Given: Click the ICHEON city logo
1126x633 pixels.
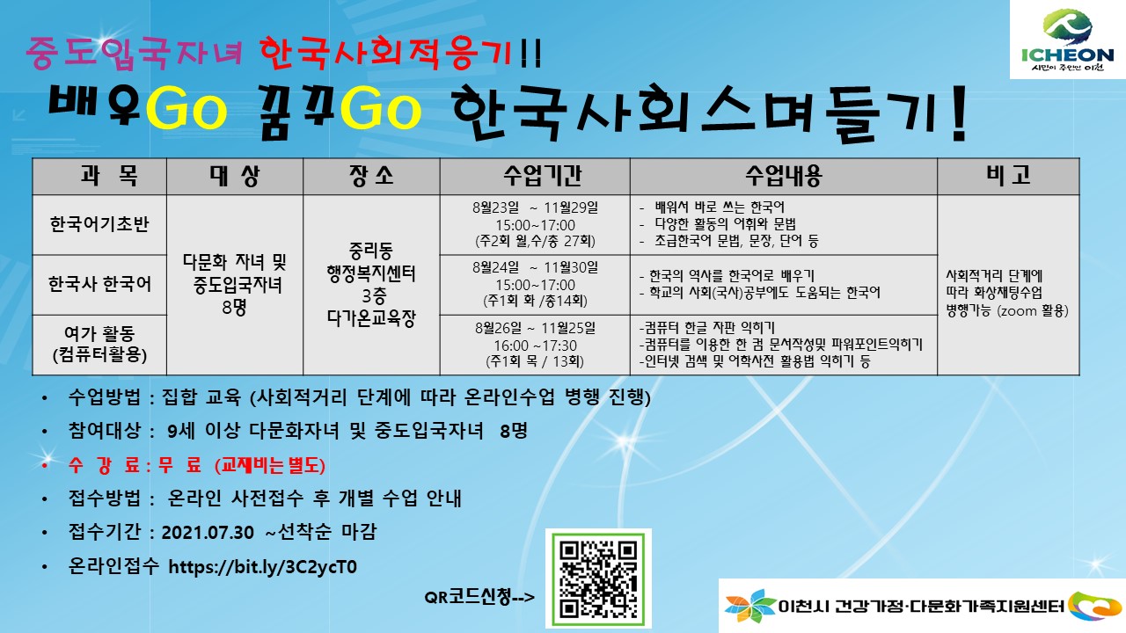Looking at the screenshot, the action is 1068,40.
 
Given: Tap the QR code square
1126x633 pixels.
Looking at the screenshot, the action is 598,578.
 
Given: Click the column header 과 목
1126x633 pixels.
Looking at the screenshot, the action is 109,176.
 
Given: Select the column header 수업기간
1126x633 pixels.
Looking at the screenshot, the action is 543,176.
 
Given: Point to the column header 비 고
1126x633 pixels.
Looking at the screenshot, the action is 1008,175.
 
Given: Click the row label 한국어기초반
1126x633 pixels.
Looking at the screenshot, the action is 99,224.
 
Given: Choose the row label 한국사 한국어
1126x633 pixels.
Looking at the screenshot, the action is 99,284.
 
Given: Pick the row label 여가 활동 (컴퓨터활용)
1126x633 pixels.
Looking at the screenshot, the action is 99,344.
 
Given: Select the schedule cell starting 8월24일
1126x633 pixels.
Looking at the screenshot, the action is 535,284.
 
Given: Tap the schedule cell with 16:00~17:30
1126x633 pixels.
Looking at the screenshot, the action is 535,345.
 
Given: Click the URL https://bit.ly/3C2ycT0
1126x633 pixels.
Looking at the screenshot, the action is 262,567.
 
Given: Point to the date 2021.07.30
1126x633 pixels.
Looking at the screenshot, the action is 208,533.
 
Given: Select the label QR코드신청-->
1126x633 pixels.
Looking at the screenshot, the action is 479,597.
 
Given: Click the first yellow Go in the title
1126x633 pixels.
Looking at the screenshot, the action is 186,108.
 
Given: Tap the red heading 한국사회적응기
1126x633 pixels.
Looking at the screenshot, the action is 386,53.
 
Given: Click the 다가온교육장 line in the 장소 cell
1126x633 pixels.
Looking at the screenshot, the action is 371,318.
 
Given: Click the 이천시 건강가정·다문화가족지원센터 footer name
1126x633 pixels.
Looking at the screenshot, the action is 921,606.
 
